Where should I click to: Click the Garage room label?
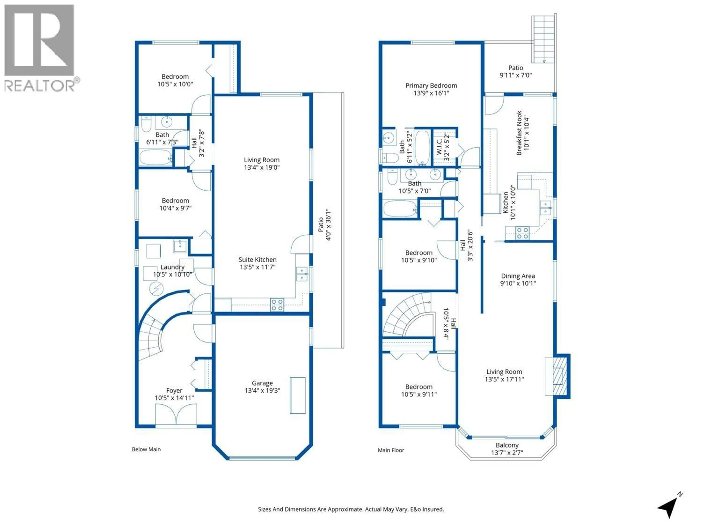[262, 383]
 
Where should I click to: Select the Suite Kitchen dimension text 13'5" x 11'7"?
[257, 267]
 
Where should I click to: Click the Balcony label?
[507, 445]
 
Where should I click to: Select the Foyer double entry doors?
[176, 414]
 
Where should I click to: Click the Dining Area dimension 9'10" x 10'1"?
[518, 283]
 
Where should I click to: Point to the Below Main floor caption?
[146, 449]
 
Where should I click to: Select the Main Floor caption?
[391, 450]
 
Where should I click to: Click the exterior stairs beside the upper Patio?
[544, 38]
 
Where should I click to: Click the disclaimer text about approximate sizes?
[351, 509]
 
